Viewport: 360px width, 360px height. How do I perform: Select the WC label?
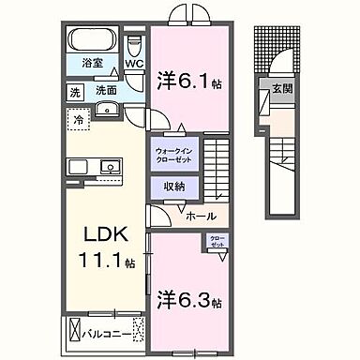[x=134, y=66]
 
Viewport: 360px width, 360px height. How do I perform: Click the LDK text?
[x=98, y=232]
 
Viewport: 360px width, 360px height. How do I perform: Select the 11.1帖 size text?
[x=99, y=258]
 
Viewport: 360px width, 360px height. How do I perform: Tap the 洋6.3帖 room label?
[x=190, y=302]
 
